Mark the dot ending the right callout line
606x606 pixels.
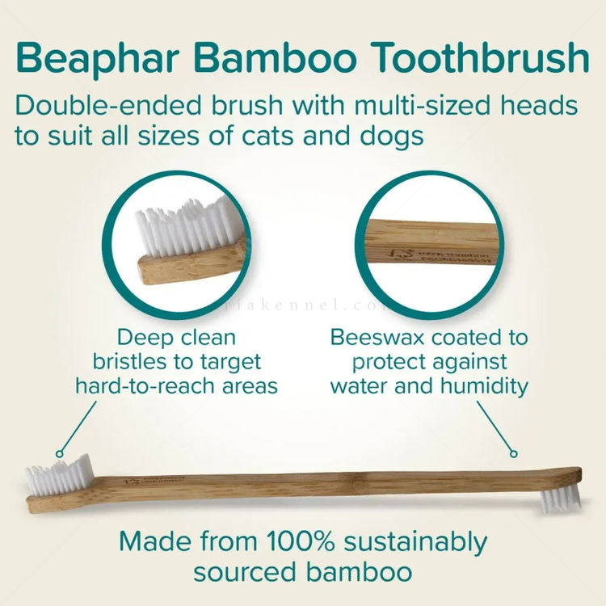point(512,452)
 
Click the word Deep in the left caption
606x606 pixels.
point(144,335)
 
